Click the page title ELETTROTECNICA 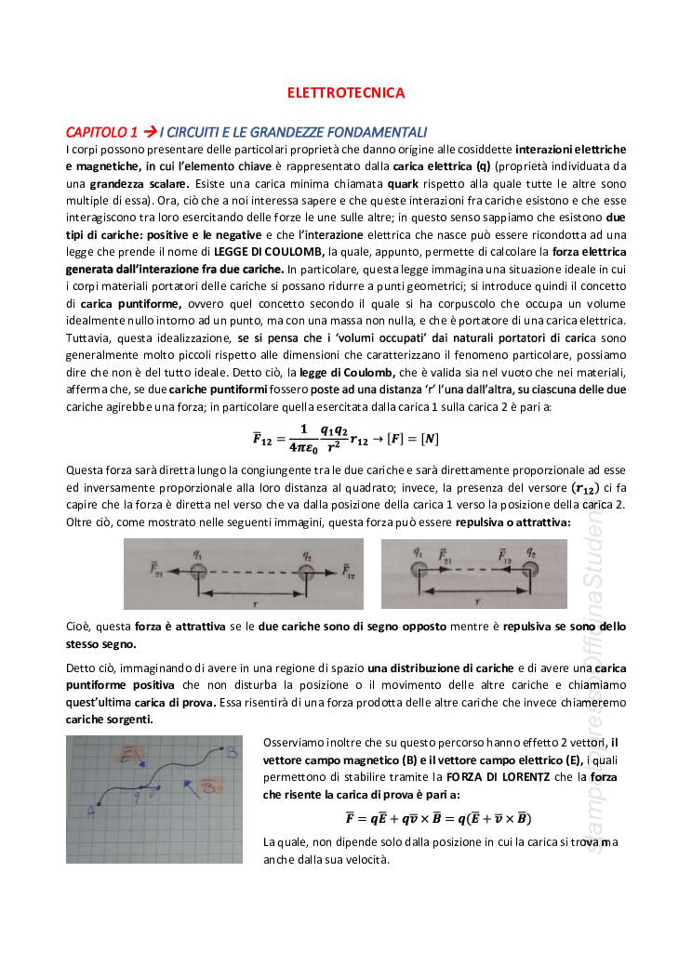[x=345, y=93]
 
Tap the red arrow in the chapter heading [x=149, y=132]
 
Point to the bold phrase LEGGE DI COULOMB [x=269, y=251]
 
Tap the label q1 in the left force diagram [x=197, y=552]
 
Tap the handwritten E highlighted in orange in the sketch [x=131, y=755]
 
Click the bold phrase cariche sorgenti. [x=110, y=720]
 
